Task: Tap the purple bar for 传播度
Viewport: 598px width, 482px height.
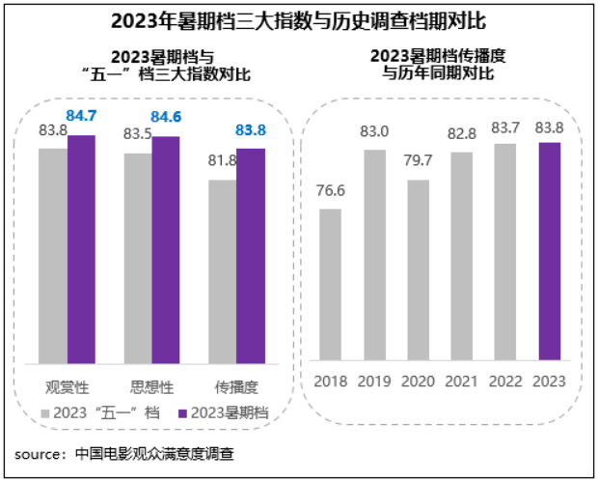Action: pyautogui.click(x=251, y=256)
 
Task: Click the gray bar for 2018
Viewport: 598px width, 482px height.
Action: pyautogui.click(x=330, y=285)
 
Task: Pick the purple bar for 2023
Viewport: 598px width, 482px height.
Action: pyautogui.click(x=549, y=252)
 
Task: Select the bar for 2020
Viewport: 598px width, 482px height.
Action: pyautogui.click(x=418, y=270)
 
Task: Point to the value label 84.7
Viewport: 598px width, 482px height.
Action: pyautogui.click(x=82, y=117)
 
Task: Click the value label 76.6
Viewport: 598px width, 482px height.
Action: pyautogui.click(x=331, y=189)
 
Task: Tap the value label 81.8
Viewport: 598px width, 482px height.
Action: pyautogui.click(x=223, y=160)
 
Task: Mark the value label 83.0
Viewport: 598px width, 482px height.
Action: pyautogui.click(x=374, y=131)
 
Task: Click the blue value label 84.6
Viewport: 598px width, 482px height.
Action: pyautogui.click(x=166, y=118)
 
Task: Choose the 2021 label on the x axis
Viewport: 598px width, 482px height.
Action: pyautogui.click(x=462, y=382)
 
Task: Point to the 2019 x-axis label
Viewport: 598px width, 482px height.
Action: pyautogui.click(x=374, y=382)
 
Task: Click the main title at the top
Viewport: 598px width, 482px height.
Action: pyautogui.click(x=298, y=20)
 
